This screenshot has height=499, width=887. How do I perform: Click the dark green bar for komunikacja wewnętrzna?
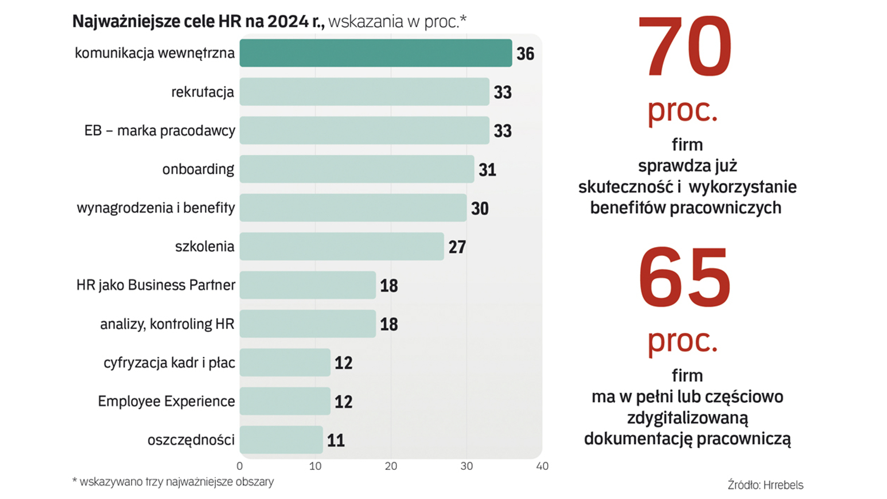point(375,53)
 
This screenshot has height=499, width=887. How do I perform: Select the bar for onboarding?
point(356,169)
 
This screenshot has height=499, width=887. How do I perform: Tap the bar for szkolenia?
point(341,246)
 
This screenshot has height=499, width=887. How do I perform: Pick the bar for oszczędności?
point(281,440)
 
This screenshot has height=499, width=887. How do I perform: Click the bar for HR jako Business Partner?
point(307,285)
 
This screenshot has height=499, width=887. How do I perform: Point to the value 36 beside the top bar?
point(525,54)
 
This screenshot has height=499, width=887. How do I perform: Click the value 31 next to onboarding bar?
point(487,170)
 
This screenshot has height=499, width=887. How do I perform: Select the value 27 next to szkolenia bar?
point(457,247)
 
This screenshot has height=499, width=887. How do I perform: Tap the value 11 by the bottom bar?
point(336,440)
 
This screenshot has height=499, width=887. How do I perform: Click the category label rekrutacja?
point(202,92)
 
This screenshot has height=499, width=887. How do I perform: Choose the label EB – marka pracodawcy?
point(159,131)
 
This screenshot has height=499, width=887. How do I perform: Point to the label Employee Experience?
point(166,401)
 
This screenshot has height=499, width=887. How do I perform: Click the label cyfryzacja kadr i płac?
point(169,363)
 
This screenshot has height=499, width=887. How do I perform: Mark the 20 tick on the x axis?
point(391,466)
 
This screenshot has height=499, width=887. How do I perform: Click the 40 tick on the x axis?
point(542,466)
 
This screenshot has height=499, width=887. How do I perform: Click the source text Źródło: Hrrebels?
point(765,485)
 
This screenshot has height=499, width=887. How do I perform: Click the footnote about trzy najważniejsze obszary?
point(173,482)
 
